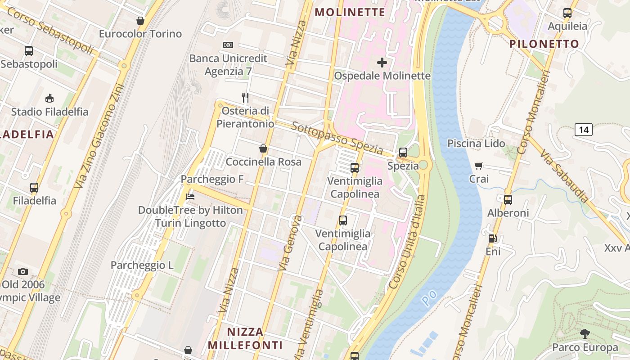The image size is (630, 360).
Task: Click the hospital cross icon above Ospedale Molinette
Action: click(x=382, y=63)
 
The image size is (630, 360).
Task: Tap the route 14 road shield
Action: click(x=584, y=130)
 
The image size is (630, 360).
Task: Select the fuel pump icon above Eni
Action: click(x=493, y=238)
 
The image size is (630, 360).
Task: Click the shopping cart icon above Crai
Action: click(x=479, y=166)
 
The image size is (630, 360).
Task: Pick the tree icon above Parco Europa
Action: click(x=585, y=334)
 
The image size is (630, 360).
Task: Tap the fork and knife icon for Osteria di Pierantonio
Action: click(x=245, y=97)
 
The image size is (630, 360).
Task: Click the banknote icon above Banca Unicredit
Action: click(x=228, y=45)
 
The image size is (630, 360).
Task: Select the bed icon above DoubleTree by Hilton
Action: click(x=190, y=197)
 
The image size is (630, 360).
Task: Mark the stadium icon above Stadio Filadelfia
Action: click(x=49, y=98)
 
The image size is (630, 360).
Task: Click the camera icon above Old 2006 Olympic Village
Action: click(x=23, y=271)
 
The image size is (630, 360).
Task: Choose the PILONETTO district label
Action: click(x=544, y=44)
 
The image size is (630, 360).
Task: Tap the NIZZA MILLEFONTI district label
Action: click(x=245, y=338)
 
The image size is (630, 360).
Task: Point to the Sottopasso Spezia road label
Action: click(x=337, y=138)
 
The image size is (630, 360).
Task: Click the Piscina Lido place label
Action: click(x=476, y=144)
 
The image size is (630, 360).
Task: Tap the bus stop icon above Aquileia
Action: click(x=567, y=13)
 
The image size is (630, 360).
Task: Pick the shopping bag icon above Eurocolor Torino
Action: click(x=140, y=21)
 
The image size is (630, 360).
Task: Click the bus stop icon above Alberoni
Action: click(x=508, y=199)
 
